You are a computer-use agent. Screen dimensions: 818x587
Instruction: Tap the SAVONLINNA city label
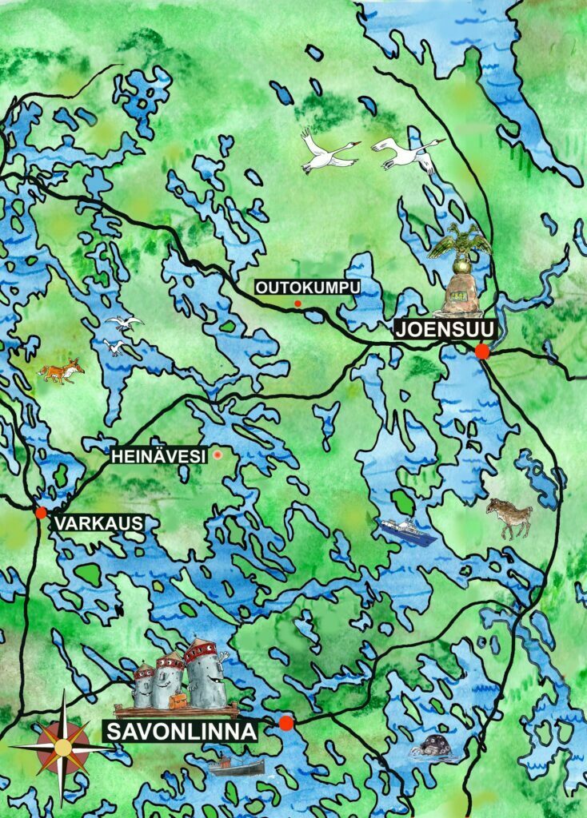coord(180,731)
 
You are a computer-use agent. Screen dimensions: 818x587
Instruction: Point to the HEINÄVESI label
coord(158,455)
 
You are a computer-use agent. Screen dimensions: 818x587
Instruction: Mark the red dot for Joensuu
coord(481,351)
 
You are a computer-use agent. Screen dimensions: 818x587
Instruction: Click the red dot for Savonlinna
coord(286,723)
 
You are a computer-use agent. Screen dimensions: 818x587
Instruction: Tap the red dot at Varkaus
coord(41,512)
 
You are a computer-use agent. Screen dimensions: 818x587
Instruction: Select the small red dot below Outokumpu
coord(297,304)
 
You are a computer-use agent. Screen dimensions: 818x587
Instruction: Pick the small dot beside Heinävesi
coord(216,455)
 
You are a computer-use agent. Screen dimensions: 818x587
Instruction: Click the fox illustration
coord(61,371)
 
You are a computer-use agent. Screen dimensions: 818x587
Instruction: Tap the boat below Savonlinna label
coord(237,767)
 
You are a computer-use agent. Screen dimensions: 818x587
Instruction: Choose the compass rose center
coord(62,748)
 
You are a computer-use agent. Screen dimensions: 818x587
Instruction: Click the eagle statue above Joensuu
coord(459,244)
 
